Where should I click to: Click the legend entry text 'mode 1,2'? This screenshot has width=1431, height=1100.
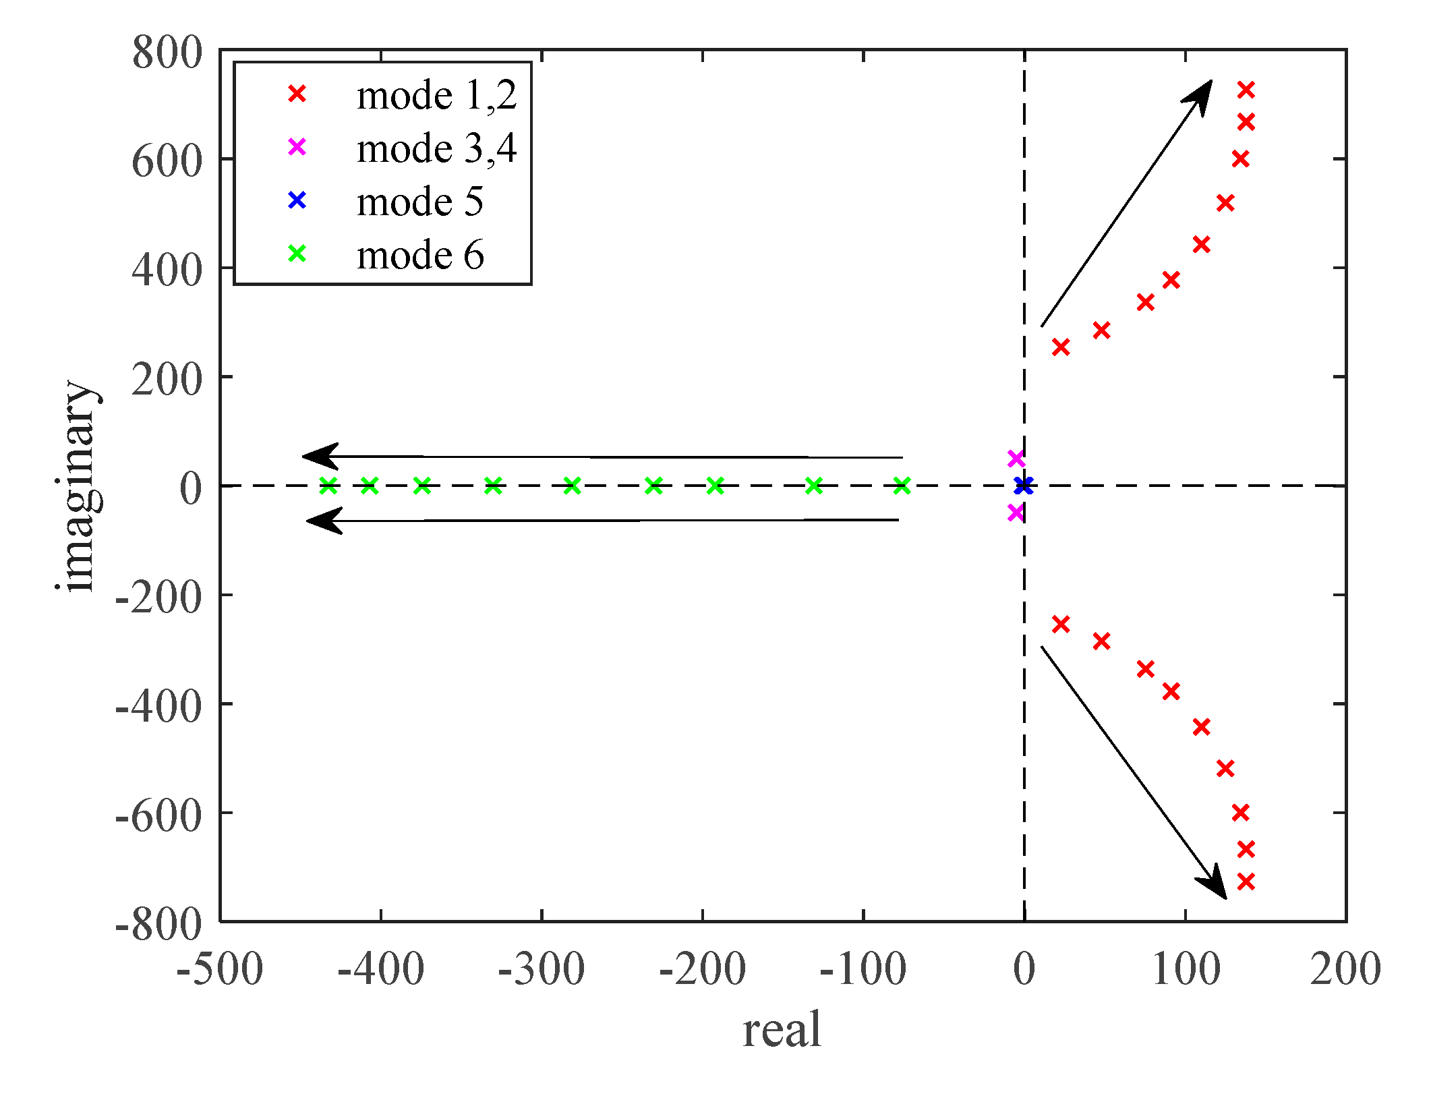click(436, 95)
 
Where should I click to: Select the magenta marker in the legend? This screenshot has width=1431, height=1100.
click(297, 147)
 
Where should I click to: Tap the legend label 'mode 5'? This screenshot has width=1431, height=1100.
click(419, 202)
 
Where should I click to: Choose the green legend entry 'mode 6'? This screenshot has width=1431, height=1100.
click(419, 255)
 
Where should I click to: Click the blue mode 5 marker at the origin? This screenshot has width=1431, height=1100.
click(1024, 485)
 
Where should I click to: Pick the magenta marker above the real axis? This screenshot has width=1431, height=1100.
click(1016, 459)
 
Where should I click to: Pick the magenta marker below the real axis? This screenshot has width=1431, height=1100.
click(1016, 513)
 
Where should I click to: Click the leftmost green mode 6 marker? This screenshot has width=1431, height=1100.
click(328, 486)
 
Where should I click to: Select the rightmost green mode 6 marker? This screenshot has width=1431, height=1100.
click(902, 486)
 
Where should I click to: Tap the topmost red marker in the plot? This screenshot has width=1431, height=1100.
click(1246, 90)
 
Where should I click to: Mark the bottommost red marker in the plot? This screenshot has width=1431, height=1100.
click(1246, 881)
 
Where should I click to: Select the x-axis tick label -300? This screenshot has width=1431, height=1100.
click(541, 971)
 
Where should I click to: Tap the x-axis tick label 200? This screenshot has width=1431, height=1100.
click(1345, 971)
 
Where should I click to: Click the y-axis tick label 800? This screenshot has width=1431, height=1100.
click(167, 53)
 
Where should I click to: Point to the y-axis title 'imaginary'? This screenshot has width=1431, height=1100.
click(80, 486)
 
